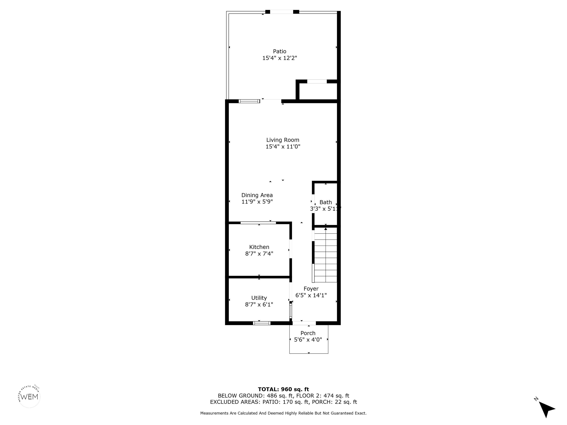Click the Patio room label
(x=279, y=51)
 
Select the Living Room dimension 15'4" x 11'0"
(x=283, y=146)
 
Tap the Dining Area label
(x=257, y=195)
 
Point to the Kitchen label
(x=259, y=247)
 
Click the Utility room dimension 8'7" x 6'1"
(x=259, y=304)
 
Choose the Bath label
(x=326, y=202)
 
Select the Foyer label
(x=311, y=289)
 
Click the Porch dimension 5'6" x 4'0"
(x=308, y=340)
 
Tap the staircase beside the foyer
(x=325, y=255)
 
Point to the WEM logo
(x=30, y=397)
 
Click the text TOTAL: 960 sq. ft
(x=283, y=389)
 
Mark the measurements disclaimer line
(x=283, y=413)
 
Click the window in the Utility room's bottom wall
(x=262, y=323)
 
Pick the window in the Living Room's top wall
(x=249, y=101)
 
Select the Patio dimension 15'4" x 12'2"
(x=279, y=58)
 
